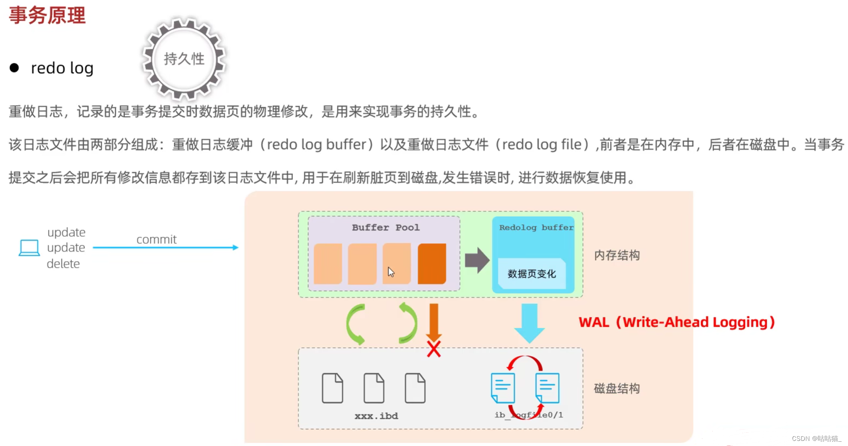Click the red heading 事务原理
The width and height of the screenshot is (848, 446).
coord(47,15)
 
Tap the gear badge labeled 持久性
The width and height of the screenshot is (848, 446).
coord(184,59)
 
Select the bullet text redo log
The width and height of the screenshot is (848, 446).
coord(62,68)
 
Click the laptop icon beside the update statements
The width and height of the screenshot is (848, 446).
coord(29,248)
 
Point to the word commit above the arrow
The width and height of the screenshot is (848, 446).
coord(156,239)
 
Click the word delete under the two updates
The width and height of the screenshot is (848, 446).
coord(63,264)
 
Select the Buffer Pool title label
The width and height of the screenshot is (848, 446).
coord(385,227)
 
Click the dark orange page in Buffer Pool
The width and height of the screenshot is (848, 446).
coord(432,263)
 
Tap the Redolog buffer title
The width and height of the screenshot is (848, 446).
coord(536,227)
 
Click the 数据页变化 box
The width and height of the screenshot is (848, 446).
coord(532,274)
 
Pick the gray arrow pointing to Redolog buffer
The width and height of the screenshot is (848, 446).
coord(477,260)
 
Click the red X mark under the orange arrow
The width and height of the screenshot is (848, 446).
coord(434,349)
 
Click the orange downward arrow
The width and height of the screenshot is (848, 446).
coord(434,321)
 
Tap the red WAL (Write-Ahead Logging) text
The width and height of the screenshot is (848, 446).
coord(677,322)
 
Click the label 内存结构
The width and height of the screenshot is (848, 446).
coord(617,255)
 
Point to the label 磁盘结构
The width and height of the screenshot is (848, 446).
coord(617,388)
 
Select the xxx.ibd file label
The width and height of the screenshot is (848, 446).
coord(376,416)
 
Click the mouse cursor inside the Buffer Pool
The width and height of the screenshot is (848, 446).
coord(391,272)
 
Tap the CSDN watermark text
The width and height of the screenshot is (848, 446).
coord(816,438)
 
